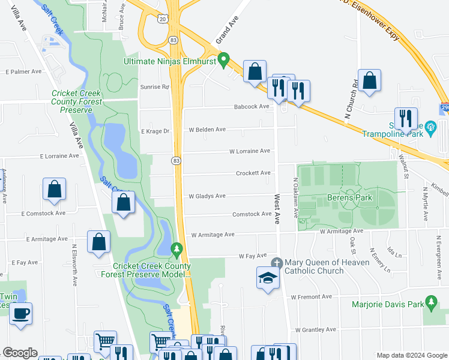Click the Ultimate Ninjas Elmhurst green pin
[223, 60]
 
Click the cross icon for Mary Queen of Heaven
[276, 262]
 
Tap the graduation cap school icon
[267, 278]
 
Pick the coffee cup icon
[21, 313]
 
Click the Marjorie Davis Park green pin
[430, 301]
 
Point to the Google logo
[19, 353]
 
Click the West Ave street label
[277, 209]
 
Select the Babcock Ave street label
[252, 107]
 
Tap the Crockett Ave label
[253, 173]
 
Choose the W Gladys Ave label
[207, 196]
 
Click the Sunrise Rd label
[155, 87]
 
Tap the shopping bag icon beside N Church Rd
[369, 81]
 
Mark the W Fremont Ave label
[311, 297]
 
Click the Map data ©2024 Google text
[411, 355]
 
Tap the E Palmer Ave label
[23, 71]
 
